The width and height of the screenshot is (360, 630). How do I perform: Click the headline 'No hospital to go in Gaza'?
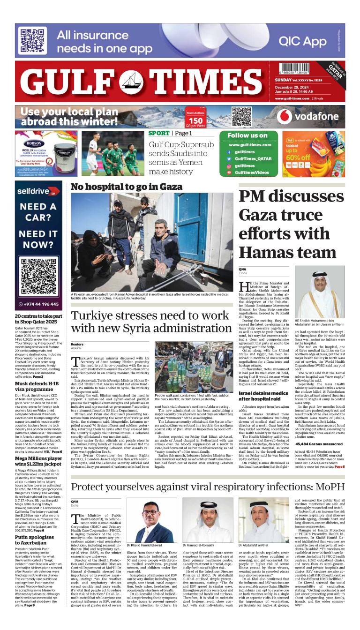127,187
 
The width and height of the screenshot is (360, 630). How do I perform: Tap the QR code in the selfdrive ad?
39,275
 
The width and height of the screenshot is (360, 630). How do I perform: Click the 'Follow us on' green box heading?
247,135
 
